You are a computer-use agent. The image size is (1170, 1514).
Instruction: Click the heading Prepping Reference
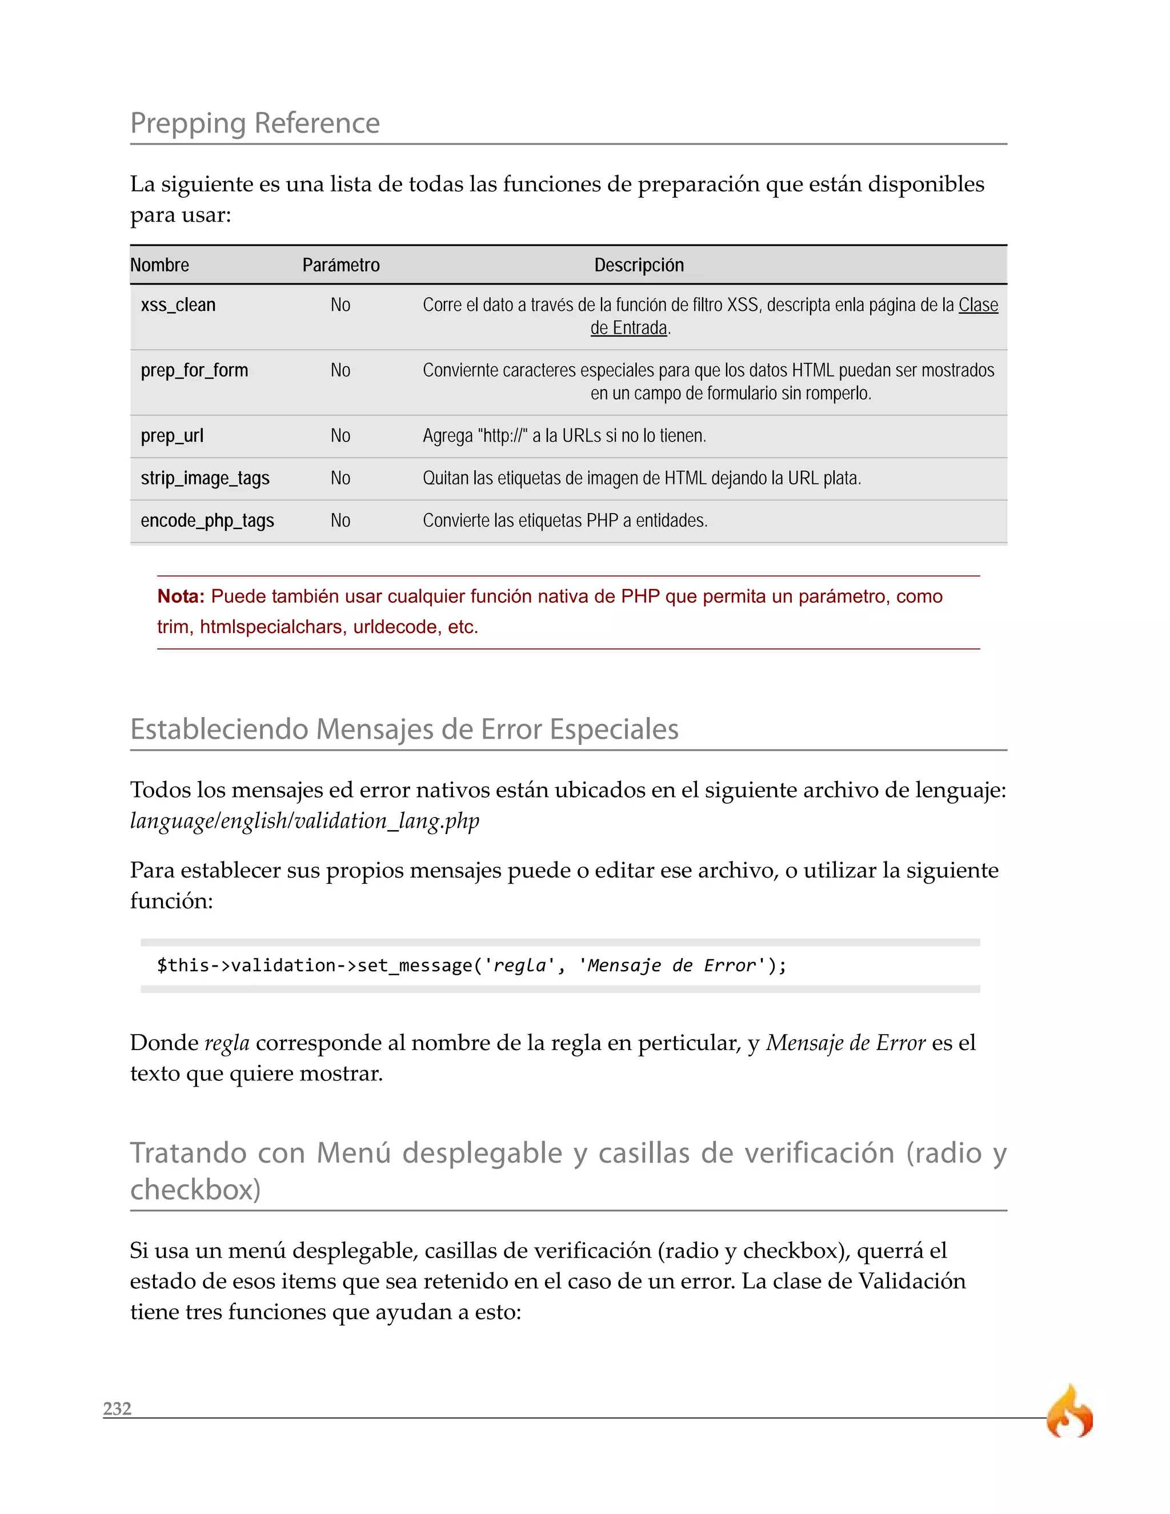point(254,123)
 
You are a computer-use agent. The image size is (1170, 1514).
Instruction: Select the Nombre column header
point(159,265)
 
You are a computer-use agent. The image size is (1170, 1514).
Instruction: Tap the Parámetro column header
point(340,265)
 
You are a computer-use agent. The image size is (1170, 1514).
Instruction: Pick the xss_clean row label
point(178,305)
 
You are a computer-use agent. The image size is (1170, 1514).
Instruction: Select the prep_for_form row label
point(194,370)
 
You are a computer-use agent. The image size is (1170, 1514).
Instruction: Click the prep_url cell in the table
point(172,436)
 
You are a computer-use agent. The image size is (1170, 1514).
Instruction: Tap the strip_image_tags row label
point(205,478)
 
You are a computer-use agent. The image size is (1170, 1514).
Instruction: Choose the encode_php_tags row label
point(207,520)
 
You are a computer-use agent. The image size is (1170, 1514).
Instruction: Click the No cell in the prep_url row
point(340,436)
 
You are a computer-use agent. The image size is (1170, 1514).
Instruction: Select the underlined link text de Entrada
point(628,328)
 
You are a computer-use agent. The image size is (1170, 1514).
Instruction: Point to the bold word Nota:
point(180,596)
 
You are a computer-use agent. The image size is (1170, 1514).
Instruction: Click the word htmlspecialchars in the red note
point(273,627)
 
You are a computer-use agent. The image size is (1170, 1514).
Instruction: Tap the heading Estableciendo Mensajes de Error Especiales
point(404,729)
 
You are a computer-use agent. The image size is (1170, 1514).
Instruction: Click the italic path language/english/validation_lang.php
point(304,821)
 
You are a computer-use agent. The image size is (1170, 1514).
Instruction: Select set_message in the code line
point(414,965)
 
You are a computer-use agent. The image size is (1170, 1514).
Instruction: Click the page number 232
point(117,1408)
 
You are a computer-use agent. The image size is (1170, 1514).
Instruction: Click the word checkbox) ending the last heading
point(195,1189)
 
